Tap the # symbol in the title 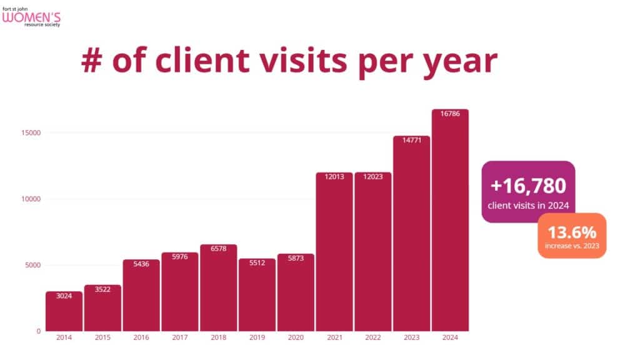click(96, 62)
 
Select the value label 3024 click(64, 296)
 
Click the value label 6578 click(218, 249)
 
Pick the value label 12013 click(334, 177)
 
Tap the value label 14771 click(411, 140)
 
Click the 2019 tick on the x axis click(257, 338)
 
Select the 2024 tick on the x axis click(450, 338)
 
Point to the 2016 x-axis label click(141, 338)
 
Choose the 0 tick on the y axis click(39, 331)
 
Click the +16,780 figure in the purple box click(528, 186)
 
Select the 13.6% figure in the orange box click(571, 232)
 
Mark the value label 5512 click(257, 263)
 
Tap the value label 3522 click(102, 289)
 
